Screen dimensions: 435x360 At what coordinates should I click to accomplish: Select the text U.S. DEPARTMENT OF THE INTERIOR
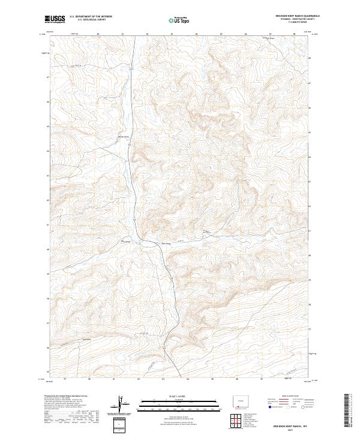(x=91, y=17)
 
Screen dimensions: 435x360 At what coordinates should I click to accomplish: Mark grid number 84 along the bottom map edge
(x=188, y=379)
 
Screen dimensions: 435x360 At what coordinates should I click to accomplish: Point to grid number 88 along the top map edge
(x=294, y=34)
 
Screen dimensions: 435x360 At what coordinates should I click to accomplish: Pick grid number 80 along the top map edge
(x=98, y=34)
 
